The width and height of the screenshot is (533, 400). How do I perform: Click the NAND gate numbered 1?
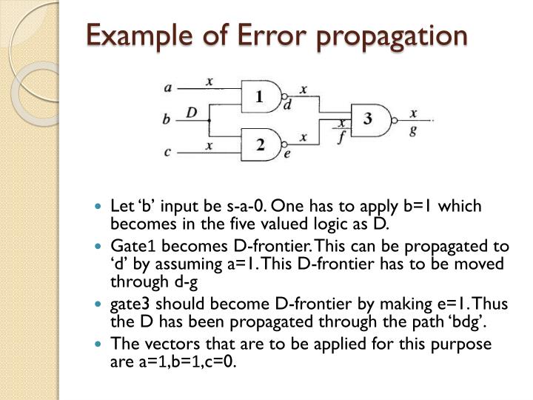click(x=261, y=97)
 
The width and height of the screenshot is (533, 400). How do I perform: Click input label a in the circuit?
click(x=168, y=87)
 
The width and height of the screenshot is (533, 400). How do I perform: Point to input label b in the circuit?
click(x=167, y=119)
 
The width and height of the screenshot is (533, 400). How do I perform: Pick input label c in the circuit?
click(x=168, y=152)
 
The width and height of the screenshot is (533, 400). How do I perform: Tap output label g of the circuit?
click(x=414, y=130)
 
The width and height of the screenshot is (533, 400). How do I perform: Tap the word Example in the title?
click(x=130, y=36)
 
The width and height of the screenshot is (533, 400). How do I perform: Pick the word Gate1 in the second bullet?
click(x=129, y=247)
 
